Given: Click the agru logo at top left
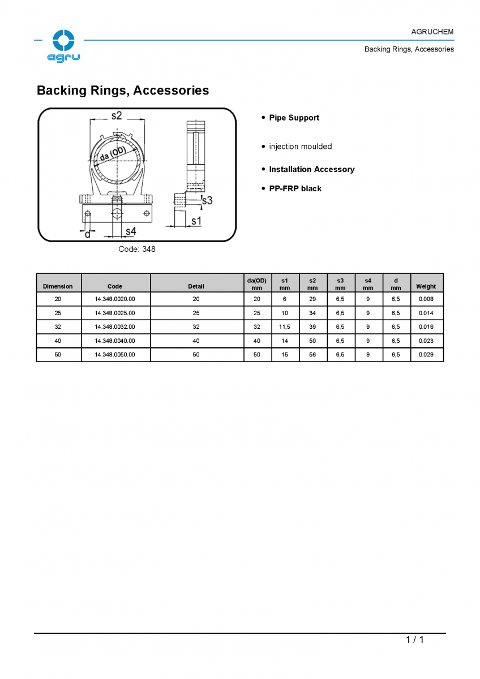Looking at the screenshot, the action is [63, 46].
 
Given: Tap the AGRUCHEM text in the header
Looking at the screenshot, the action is [432, 32].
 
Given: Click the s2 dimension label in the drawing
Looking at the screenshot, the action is [117, 115].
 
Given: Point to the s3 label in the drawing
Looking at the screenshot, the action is [207, 200].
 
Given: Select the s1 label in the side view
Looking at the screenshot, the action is [196, 221].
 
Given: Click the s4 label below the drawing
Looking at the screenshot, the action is [131, 231].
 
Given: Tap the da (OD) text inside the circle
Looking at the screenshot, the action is [113, 154].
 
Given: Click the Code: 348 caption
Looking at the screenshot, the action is [137, 249].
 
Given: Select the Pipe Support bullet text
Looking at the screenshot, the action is [294, 118].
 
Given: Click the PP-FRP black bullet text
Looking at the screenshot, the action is [295, 188].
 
